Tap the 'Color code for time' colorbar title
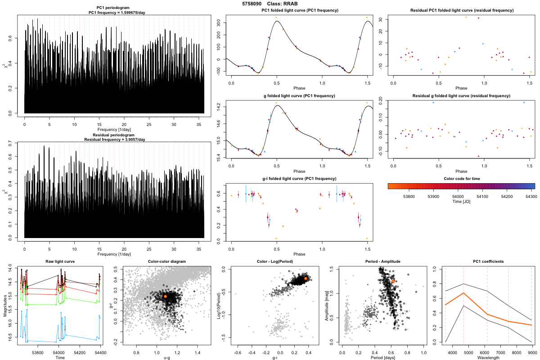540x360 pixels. click(461, 179)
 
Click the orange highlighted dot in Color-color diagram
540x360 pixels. click(165, 297)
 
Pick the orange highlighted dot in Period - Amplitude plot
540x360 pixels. click(393, 281)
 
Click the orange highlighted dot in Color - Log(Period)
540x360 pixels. click(306, 279)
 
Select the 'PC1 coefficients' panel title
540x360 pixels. click(488, 261)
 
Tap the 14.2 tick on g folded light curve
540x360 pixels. click(218, 106)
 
